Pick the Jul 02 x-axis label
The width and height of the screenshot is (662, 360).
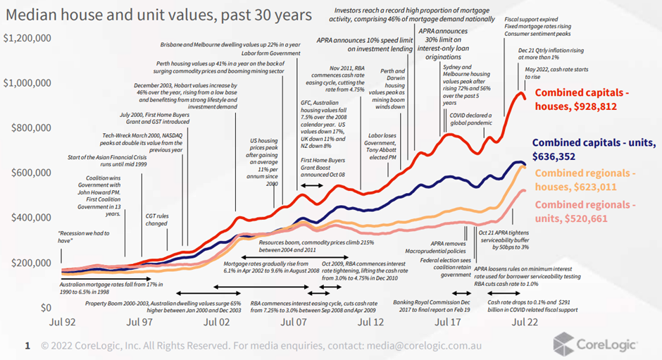(x=217, y=321)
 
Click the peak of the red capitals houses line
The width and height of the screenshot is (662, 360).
(x=522, y=92)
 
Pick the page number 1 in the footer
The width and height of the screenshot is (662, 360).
(x=27, y=346)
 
